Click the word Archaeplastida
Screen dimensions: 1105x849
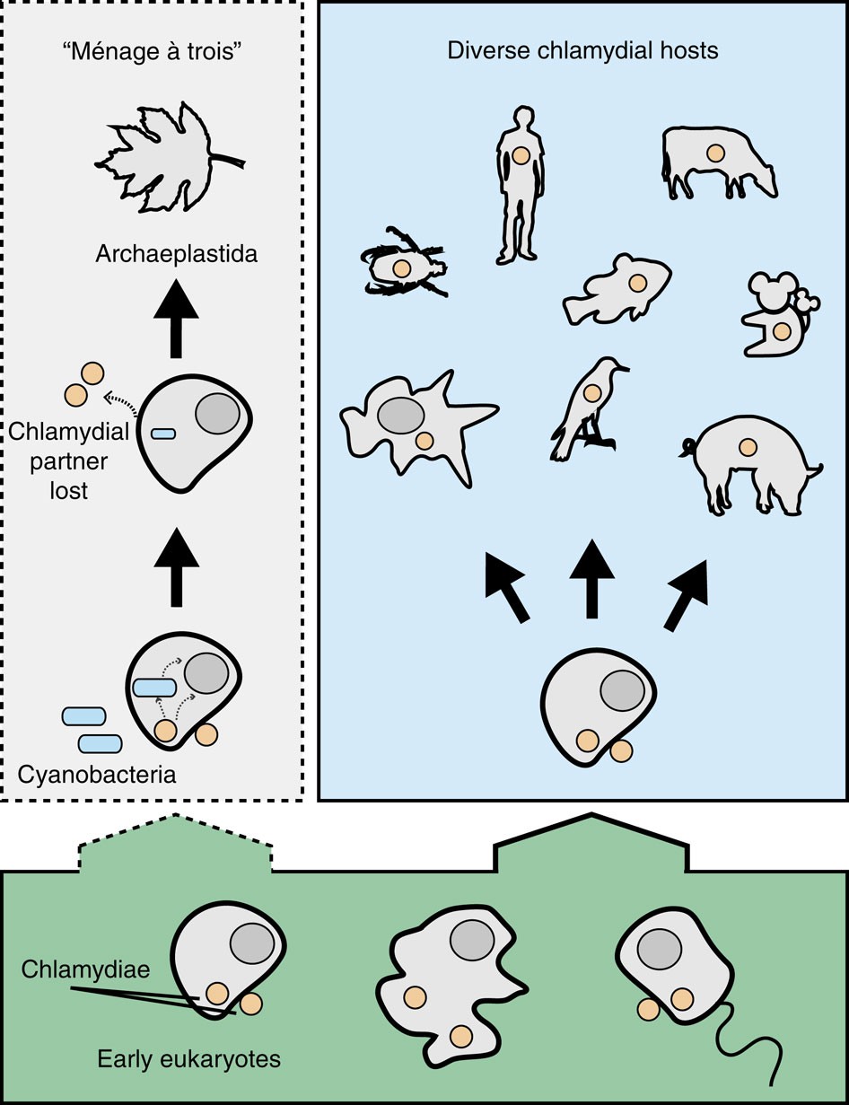(x=177, y=254)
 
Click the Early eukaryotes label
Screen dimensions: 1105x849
(x=188, y=1059)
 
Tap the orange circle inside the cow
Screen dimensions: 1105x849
(x=715, y=153)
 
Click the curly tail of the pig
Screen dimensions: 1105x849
(x=687, y=443)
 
